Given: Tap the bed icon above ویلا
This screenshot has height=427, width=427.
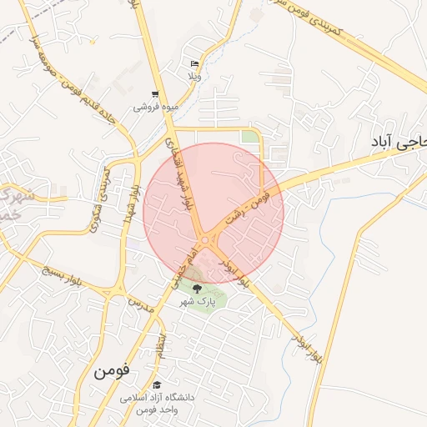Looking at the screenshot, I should pos(194,64).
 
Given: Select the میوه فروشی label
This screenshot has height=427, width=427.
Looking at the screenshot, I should pos(155,108).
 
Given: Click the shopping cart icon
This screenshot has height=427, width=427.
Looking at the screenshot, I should pos(155,95).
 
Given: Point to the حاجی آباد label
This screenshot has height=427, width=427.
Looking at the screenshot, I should pos(396,143).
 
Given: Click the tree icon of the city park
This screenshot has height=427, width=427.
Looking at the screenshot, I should pos(198,289).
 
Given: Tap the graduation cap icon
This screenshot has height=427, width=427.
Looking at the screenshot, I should pos(157,384).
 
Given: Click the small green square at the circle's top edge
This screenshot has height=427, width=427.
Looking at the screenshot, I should pos(249,136).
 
